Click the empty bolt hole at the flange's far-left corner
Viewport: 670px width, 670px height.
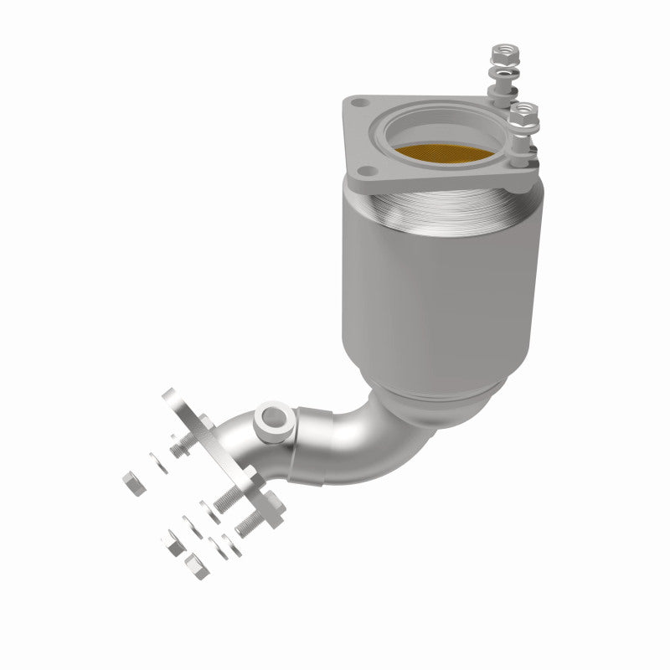point(358,106)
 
